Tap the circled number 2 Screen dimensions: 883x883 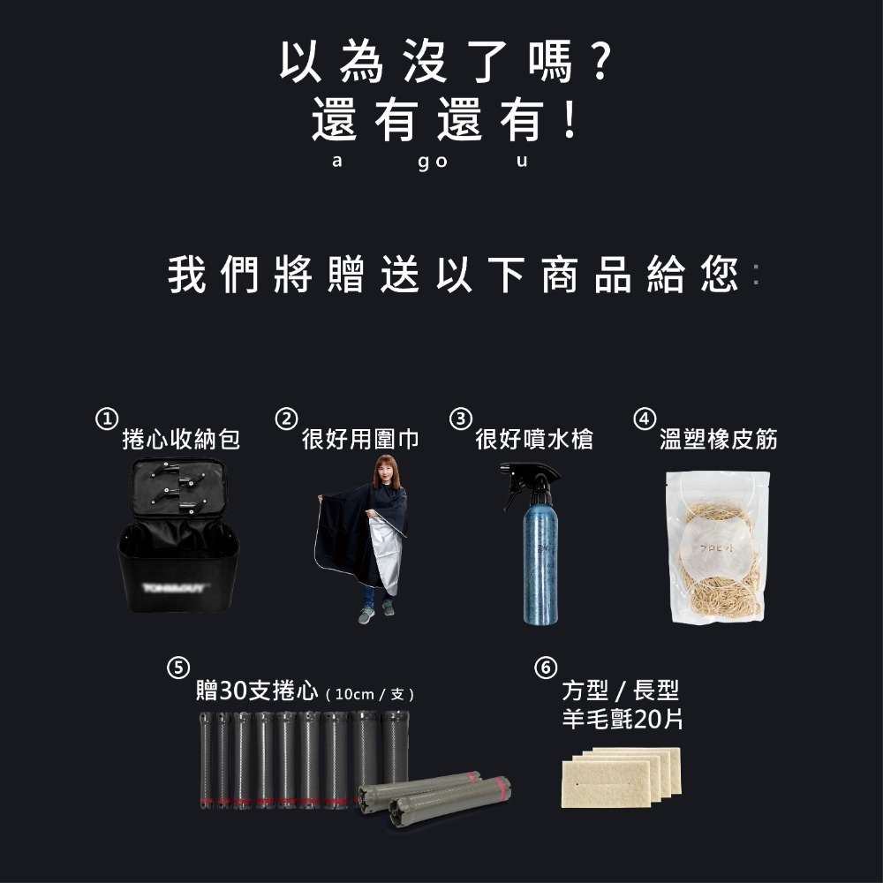point(285,418)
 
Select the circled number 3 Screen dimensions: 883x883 point(459,418)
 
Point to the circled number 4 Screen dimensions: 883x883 point(645,418)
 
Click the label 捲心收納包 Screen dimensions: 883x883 point(181,439)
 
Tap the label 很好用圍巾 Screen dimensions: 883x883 point(360,439)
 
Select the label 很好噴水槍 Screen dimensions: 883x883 point(534,439)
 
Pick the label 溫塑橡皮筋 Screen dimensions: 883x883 point(719,439)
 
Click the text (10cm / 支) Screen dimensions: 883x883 point(370,694)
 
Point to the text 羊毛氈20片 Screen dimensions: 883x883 point(623,720)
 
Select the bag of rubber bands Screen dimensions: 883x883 point(717,547)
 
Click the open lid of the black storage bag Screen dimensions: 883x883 point(179,490)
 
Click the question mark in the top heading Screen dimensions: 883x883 point(599,63)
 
